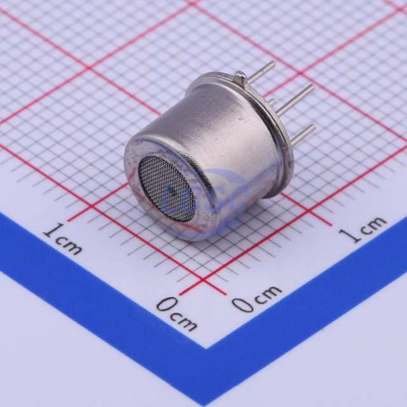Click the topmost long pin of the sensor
[x=261, y=70]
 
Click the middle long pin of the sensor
[x=294, y=99]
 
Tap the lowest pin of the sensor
[x=303, y=135]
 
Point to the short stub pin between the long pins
[x=272, y=102]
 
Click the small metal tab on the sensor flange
[x=240, y=78]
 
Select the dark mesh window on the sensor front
[x=167, y=189]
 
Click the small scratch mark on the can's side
[x=240, y=119]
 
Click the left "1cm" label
[x=62, y=240]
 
